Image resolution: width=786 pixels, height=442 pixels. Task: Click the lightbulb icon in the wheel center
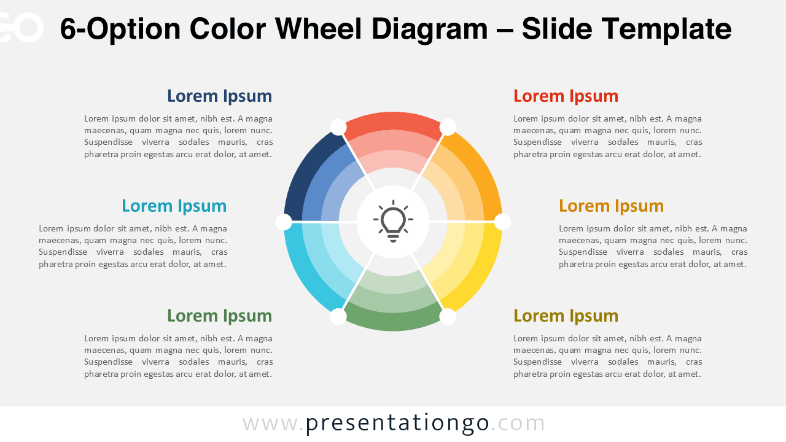(393, 222)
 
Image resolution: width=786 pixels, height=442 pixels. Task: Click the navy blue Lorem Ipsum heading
(219, 96)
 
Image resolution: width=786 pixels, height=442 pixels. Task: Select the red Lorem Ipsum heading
(566, 96)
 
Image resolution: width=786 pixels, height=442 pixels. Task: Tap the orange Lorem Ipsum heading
(611, 206)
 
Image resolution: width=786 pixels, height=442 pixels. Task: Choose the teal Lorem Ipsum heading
(174, 206)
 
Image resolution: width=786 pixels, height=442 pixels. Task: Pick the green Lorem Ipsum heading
(219, 316)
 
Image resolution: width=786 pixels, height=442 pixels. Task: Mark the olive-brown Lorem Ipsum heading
(566, 316)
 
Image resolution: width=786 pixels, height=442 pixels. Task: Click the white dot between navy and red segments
(338, 127)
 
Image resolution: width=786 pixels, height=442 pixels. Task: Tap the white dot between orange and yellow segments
(502, 222)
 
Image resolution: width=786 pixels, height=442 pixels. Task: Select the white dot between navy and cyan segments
(284, 222)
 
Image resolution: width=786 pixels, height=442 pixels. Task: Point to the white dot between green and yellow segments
(448, 317)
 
